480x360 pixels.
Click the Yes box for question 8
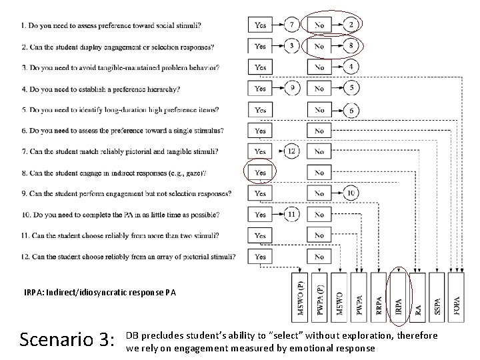coord(260,173)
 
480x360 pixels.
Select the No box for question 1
coord(319,25)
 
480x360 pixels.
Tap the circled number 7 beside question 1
coord(292,25)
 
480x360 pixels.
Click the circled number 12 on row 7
coord(291,151)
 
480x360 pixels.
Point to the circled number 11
coord(291,215)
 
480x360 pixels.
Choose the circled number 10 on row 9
coord(351,193)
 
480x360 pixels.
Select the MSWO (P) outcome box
coord(302,295)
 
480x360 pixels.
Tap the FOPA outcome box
coord(457,295)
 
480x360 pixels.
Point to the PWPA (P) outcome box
coord(321,295)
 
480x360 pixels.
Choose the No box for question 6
coord(319,131)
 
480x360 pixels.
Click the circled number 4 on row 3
coord(351,67)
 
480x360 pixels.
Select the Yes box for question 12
coord(260,257)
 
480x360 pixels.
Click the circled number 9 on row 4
coord(292,88)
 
